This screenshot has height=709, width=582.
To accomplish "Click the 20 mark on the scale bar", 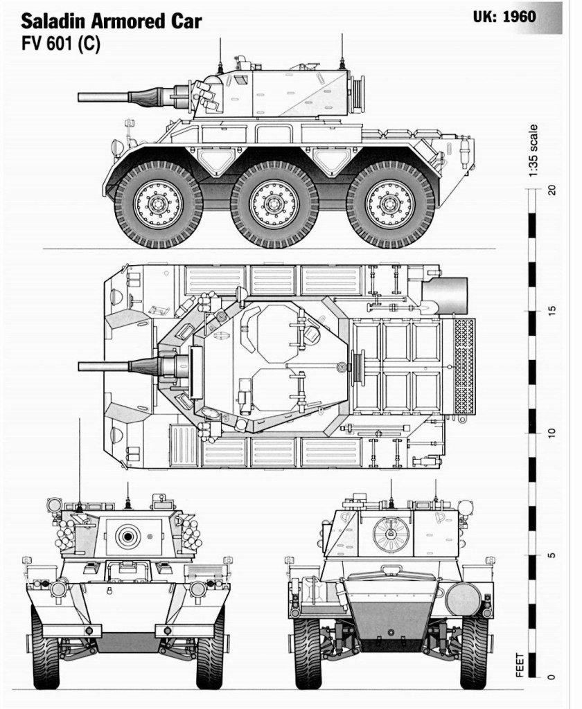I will click(x=552, y=190).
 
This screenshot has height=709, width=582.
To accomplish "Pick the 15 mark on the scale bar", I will click(x=552, y=311).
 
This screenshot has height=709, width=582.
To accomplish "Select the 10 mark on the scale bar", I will click(x=552, y=433).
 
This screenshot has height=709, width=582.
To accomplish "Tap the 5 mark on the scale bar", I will click(x=552, y=555).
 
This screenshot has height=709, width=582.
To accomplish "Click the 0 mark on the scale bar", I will click(x=552, y=676).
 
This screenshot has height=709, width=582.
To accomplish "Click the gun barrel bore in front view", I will click(x=127, y=535).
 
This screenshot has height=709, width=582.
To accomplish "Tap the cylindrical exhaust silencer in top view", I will click(x=450, y=295).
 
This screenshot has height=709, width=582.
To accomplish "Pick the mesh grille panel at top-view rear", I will click(x=464, y=366).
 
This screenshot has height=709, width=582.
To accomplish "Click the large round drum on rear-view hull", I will click(x=462, y=599).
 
